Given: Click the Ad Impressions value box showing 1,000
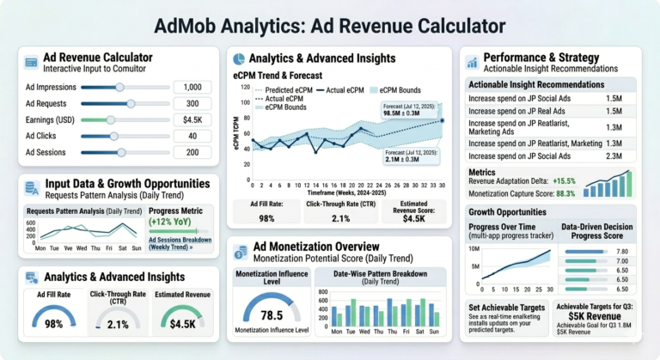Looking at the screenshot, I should click(x=192, y=87).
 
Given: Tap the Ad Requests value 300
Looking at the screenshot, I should click(x=192, y=103).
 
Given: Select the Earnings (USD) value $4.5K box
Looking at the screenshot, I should click(x=192, y=119).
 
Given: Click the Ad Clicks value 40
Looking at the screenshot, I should click(x=192, y=136).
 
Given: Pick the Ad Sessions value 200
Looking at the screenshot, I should click(x=192, y=152).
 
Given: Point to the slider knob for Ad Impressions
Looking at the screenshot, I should click(x=119, y=87).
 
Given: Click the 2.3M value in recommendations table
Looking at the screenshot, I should click(x=614, y=156).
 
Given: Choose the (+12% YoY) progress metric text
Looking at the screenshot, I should click(x=169, y=221).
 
